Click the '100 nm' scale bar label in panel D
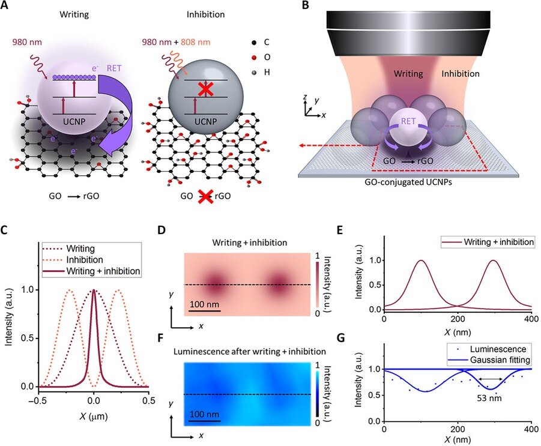coord(204,305)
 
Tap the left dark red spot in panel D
coord(214,282)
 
